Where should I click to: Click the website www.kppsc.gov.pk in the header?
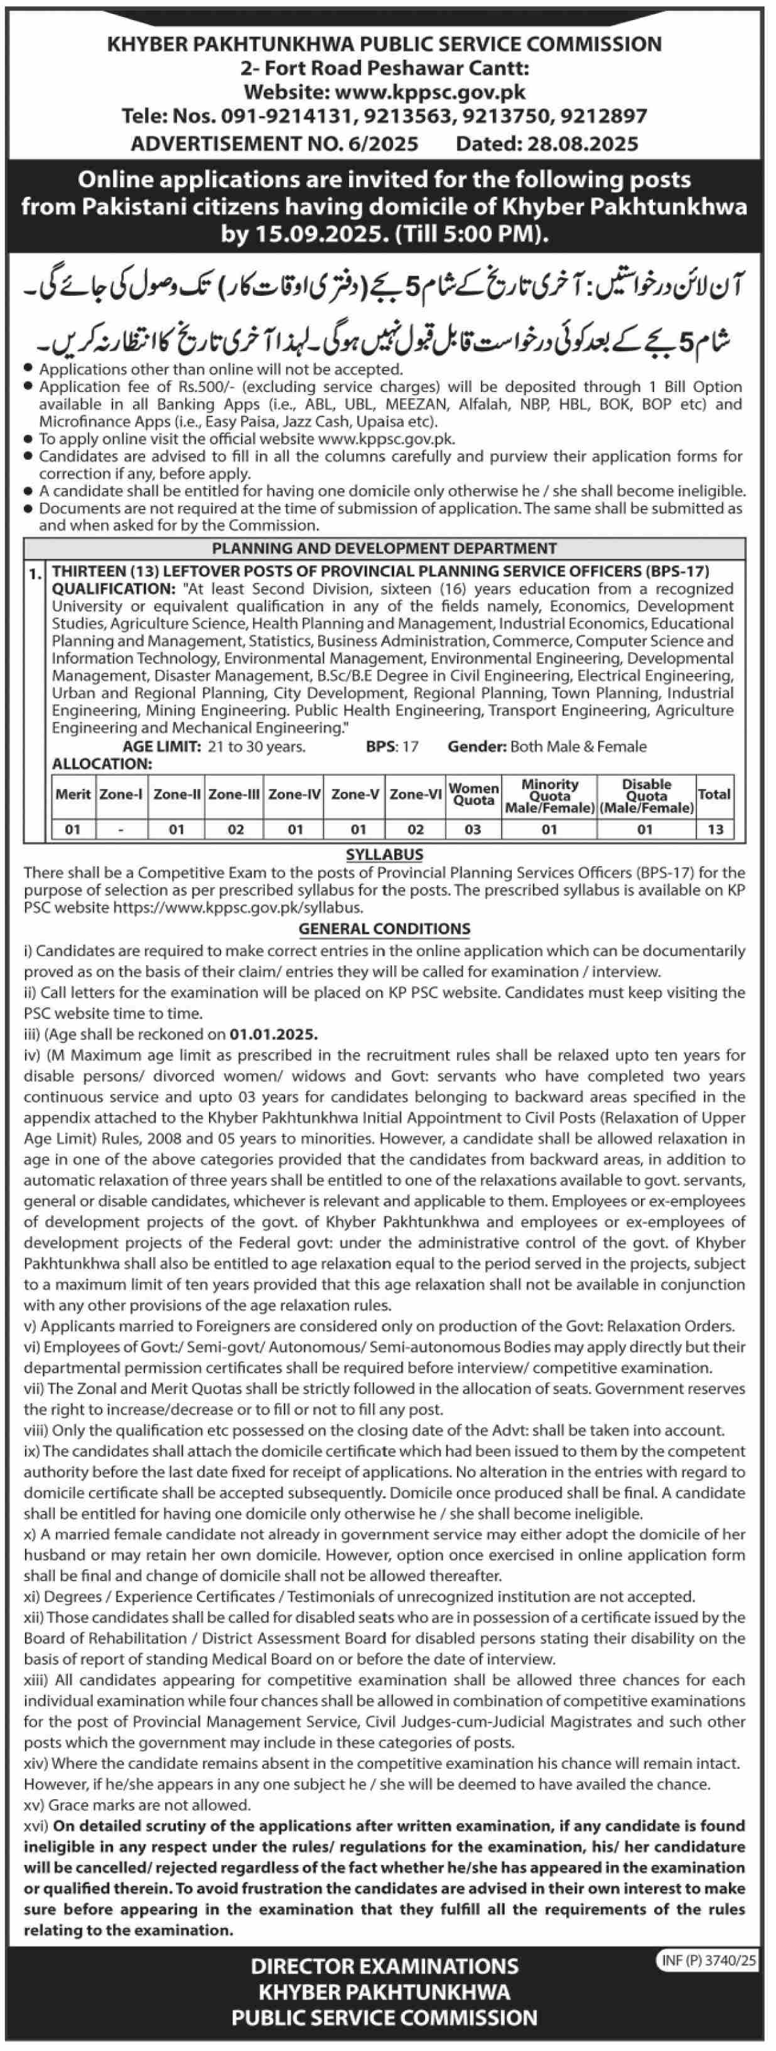click(430, 92)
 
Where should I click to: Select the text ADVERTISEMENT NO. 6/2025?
click(274, 143)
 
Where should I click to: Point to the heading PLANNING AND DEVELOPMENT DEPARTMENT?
click(384, 548)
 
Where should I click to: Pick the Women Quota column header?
click(473, 794)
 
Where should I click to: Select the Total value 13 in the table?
click(714, 829)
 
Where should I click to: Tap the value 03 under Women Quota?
click(473, 829)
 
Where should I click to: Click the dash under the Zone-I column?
click(120, 829)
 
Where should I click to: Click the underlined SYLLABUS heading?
click(384, 854)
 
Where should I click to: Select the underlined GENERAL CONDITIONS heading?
click(384, 928)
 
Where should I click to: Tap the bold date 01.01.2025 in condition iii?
click(274, 1034)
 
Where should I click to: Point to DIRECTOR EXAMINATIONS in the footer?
click(384, 1967)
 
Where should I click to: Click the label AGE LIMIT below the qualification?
click(161, 746)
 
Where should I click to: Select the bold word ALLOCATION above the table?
click(102, 764)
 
